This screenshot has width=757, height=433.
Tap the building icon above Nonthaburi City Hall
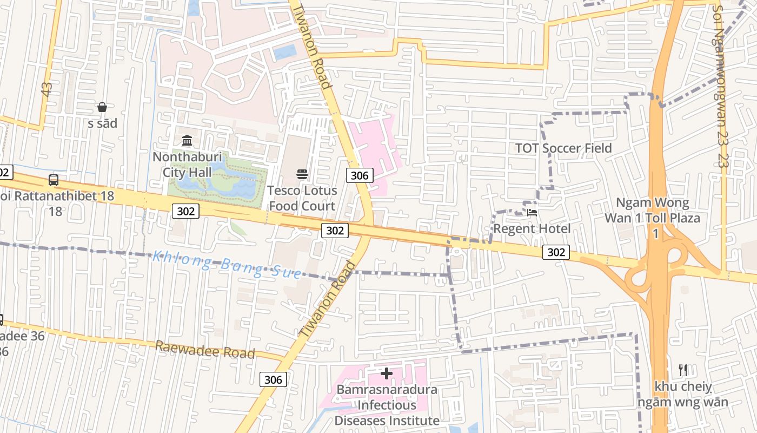187,141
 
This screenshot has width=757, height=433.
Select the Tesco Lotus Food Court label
302,198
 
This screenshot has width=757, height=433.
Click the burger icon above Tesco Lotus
302,174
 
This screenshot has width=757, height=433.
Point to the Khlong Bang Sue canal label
227,264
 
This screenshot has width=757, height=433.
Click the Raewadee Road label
205,350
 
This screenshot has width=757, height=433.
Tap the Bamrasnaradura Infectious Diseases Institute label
387,405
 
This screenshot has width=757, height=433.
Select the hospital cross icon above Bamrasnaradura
387,373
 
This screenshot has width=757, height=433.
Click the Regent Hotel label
532,228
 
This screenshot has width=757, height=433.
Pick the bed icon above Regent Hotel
532,213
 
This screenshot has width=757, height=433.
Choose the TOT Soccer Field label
563,148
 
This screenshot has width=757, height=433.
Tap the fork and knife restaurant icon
683,370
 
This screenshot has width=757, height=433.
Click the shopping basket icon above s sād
102,107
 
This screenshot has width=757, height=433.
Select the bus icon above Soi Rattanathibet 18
53,180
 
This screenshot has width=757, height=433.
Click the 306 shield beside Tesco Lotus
360,175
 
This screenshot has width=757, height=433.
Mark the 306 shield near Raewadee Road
273,379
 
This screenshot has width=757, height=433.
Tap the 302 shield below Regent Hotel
556,252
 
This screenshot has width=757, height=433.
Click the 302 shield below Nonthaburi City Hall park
185,211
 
